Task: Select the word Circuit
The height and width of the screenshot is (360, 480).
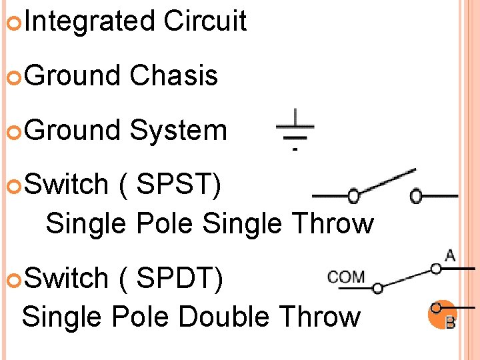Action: pos(205,21)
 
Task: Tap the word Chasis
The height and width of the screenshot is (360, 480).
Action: pos(173,75)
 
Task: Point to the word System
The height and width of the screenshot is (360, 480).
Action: pos(178,130)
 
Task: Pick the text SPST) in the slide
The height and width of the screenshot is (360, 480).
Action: pos(178,185)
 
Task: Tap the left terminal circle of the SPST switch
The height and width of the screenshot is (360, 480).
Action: pos(354,196)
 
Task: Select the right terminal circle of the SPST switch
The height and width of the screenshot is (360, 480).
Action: pos(416,196)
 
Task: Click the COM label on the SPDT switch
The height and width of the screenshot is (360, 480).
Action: pos(346,277)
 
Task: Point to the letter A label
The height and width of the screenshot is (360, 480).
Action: pos(450,255)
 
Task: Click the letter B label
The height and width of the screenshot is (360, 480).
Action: pos(450,324)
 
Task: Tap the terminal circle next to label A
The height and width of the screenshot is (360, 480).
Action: pos(436,269)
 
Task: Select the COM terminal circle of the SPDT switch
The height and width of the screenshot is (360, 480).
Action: pos(377,288)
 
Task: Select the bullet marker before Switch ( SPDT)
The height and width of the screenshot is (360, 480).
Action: pos(16,279)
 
